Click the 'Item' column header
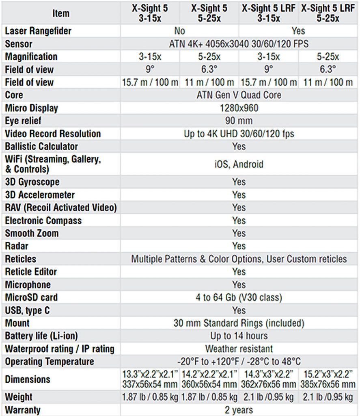pos(61,13)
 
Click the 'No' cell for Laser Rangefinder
pos(179,31)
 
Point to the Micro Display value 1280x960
pos(239,108)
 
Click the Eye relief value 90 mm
pos(239,121)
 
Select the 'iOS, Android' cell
pos(239,164)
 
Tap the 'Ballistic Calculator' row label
pos(41,146)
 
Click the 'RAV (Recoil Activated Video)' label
pos(61,208)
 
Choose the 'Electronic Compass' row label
pos(43,221)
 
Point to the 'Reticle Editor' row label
pos(31,272)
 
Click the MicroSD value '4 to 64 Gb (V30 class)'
pos(239,297)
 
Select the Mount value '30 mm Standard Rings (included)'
pos(239,323)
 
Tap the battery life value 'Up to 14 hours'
pos(239,336)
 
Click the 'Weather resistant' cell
pos(239,349)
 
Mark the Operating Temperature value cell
pos(239,362)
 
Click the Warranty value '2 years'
pos(239,410)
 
